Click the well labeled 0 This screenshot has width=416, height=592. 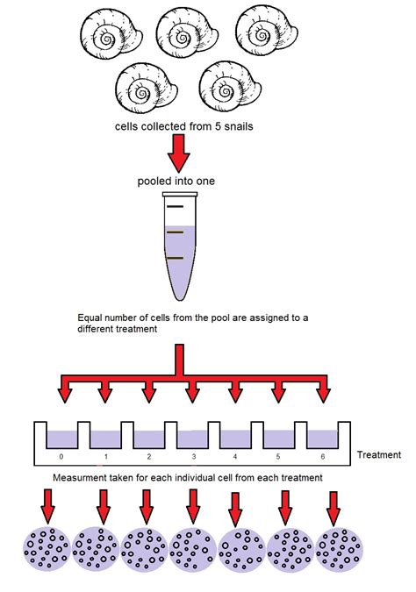tap(61, 439)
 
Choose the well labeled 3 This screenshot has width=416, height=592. tap(192, 439)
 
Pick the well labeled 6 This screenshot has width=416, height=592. tap(324, 439)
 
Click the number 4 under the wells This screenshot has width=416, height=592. tap(236, 457)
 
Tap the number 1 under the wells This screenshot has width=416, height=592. tap(104, 457)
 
